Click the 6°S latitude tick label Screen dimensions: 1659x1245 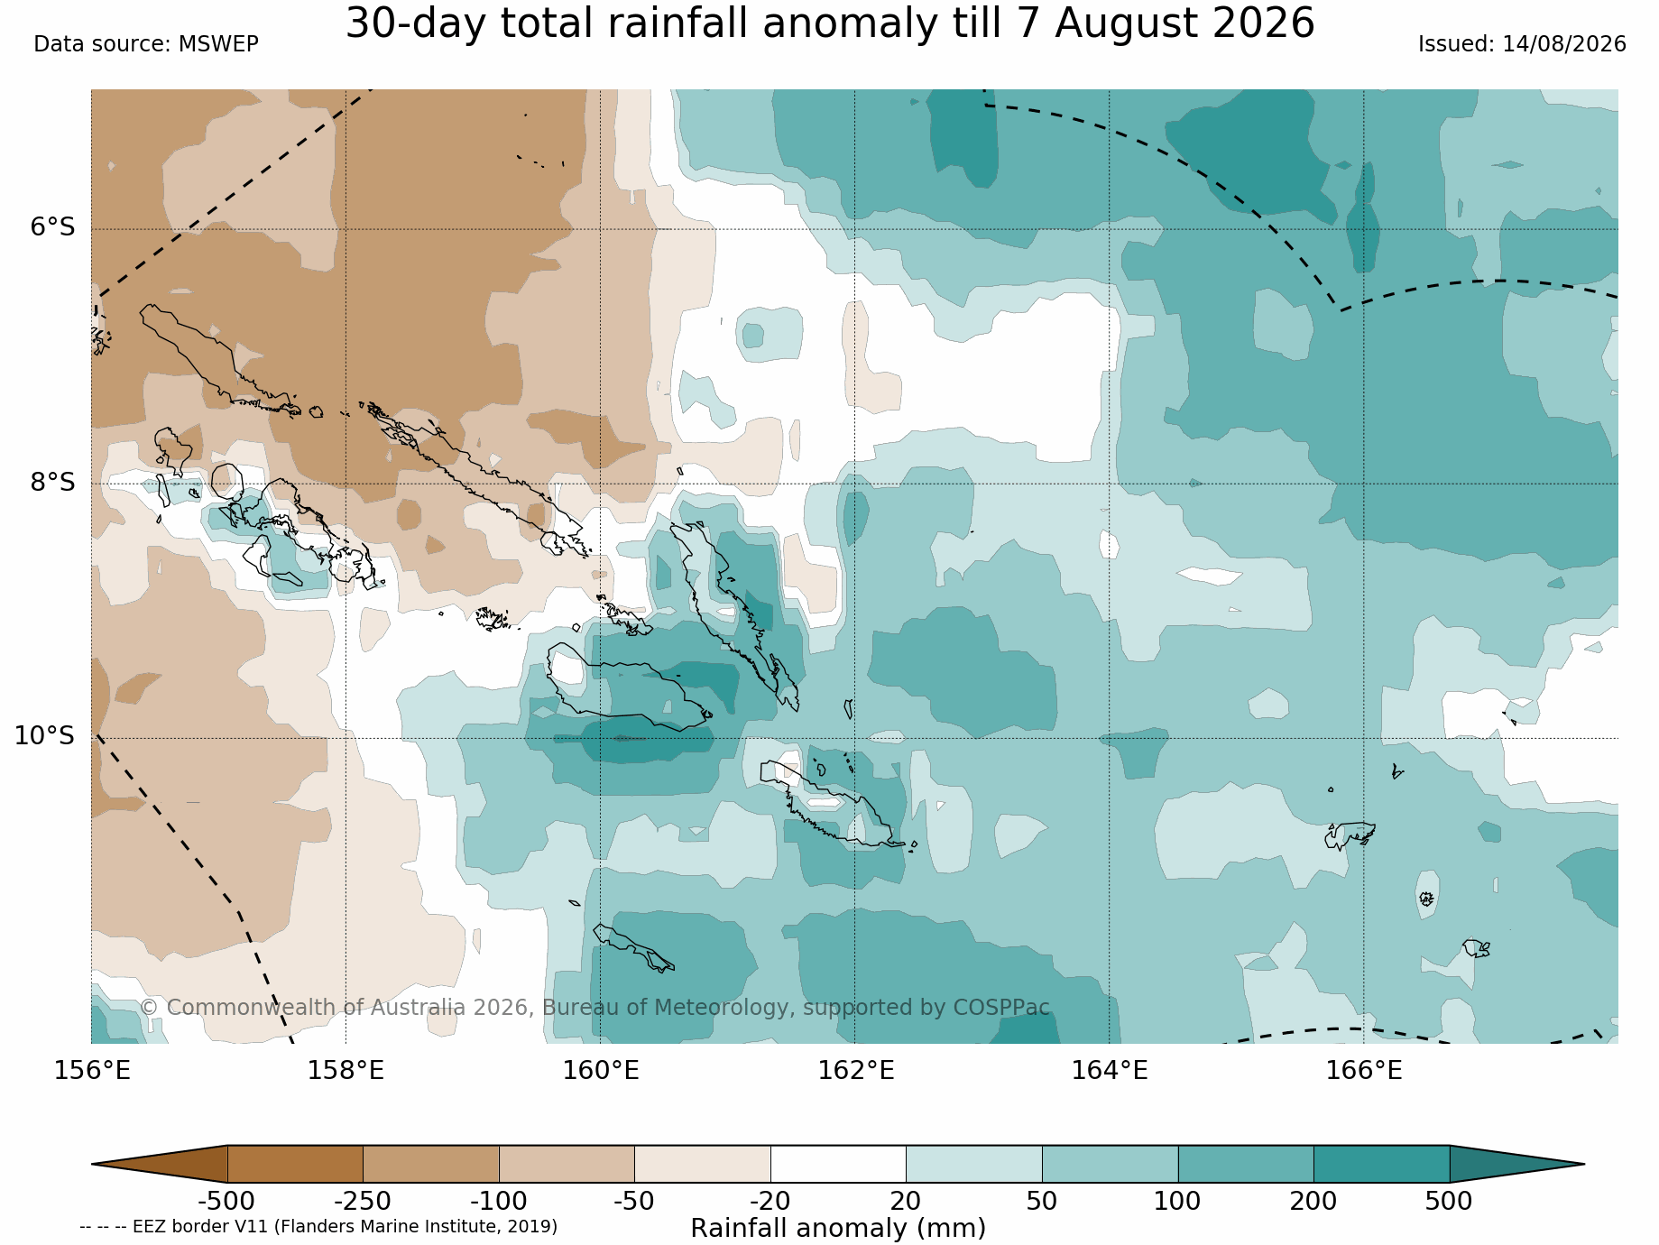(52, 227)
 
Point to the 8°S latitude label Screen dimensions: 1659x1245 (52, 483)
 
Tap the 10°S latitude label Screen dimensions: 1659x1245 (44, 736)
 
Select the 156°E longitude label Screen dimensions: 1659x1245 (92, 1071)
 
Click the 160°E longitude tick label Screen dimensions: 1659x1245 (601, 1071)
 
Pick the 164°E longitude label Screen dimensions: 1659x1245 (1110, 1071)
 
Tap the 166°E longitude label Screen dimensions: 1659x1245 (1364, 1071)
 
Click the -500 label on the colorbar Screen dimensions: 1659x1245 (226, 1202)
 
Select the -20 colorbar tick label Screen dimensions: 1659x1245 (770, 1202)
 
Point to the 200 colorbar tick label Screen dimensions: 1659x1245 (1313, 1202)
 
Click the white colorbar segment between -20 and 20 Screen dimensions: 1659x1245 (838, 1164)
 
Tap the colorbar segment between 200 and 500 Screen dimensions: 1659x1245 (1381, 1164)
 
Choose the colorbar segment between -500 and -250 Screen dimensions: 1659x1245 (295, 1164)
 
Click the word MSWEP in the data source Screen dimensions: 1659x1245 (219, 44)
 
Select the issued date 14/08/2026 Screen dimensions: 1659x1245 (1564, 44)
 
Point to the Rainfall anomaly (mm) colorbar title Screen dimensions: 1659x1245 (838, 1229)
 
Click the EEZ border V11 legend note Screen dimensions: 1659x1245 (318, 1227)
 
